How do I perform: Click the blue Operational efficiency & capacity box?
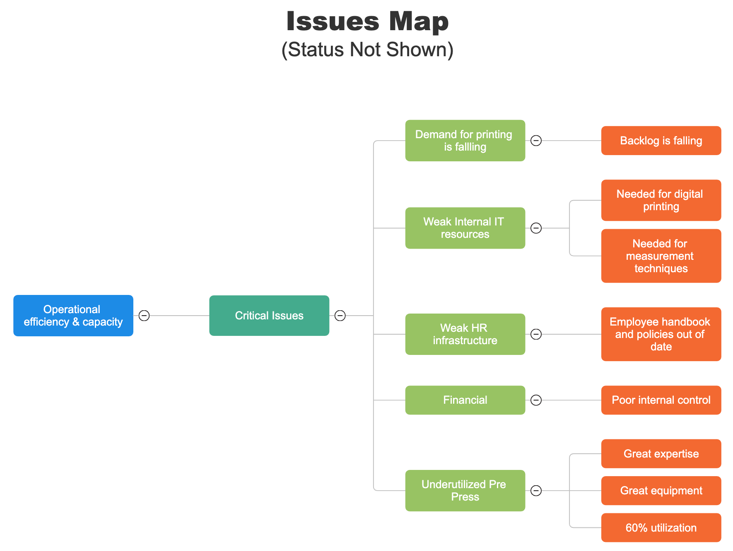pos(73,316)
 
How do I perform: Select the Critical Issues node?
pos(269,316)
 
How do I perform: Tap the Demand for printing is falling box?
pos(465,141)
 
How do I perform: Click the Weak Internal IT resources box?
pos(465,228)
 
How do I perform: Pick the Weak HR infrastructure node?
pos(465,334)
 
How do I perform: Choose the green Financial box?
pos(465,400)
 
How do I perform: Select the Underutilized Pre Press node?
pos(465,491)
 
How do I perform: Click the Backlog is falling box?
pos(661,141)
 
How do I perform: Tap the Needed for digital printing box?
pos(661,200)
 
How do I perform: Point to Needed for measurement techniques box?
pos(661,256)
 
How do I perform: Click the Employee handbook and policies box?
pos(661,334)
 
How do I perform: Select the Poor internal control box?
pos(661,400)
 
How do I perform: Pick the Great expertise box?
pos(661,454)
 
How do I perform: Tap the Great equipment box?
pos(661,491)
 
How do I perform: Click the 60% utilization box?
pos(661,528)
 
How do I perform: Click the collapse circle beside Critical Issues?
pos(340,316)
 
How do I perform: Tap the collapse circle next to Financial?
pos(536,400)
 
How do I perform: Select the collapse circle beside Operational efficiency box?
pos(144,316)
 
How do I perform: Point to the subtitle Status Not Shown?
pos(367,50)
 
